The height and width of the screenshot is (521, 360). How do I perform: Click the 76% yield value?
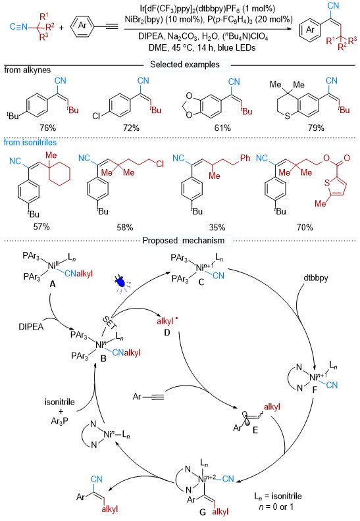pos(48,128)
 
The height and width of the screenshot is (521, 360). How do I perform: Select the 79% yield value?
pos(316,128)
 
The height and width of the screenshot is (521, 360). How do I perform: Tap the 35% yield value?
pos(217,227)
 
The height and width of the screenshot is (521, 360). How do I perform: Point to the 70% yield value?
pos(305,227)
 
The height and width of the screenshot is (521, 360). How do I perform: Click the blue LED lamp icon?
pos(120,283)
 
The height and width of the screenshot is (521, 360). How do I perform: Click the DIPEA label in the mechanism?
pos(31,327)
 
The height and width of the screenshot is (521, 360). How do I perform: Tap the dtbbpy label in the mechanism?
pos(316,278)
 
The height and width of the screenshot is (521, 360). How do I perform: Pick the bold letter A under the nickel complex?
pos(52,284)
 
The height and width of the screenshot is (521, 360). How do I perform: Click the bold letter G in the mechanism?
pos(203,512)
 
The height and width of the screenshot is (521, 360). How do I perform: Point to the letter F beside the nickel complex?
pos(315,389)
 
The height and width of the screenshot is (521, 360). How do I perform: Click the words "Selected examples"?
pos(185,64)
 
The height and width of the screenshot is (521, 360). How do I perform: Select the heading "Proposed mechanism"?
pos(184,240)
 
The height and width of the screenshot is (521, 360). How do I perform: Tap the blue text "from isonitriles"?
pos(30,142)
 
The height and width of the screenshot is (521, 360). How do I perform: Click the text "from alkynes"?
pos(27,70)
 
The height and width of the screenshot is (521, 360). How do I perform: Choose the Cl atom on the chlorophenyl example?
pos(96,116)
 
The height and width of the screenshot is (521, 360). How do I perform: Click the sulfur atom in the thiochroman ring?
pos(288,116)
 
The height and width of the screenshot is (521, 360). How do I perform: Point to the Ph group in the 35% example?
pos(245,158)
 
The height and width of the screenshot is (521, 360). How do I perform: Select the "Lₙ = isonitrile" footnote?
pos(278,496)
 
